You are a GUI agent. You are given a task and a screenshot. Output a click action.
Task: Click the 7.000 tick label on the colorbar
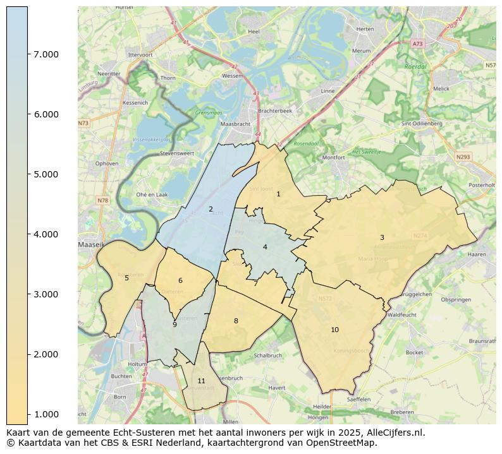point(46,54)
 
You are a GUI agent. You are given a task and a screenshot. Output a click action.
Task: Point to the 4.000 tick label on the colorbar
point(46,234)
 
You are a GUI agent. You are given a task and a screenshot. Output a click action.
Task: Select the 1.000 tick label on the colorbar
point(46,414)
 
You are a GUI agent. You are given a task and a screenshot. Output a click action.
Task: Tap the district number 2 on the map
point(211,209)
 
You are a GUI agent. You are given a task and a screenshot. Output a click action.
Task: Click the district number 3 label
point(382,237)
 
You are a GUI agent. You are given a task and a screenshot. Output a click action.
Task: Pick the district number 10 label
point(334,330)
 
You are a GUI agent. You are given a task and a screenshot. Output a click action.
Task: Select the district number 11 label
point(201,381)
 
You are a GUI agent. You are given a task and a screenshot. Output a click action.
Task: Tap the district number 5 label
point(126,278)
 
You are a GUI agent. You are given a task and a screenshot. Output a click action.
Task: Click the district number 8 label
point(236,321)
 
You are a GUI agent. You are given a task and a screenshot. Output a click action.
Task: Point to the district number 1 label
point(278,194)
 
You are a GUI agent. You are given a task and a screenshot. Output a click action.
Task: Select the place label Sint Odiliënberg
point(421,124)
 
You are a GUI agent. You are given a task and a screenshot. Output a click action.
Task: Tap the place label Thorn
point(168,78)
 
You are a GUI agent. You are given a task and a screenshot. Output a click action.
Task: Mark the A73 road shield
point(417,44)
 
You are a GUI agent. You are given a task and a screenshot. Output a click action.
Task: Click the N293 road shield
point(463,157)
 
